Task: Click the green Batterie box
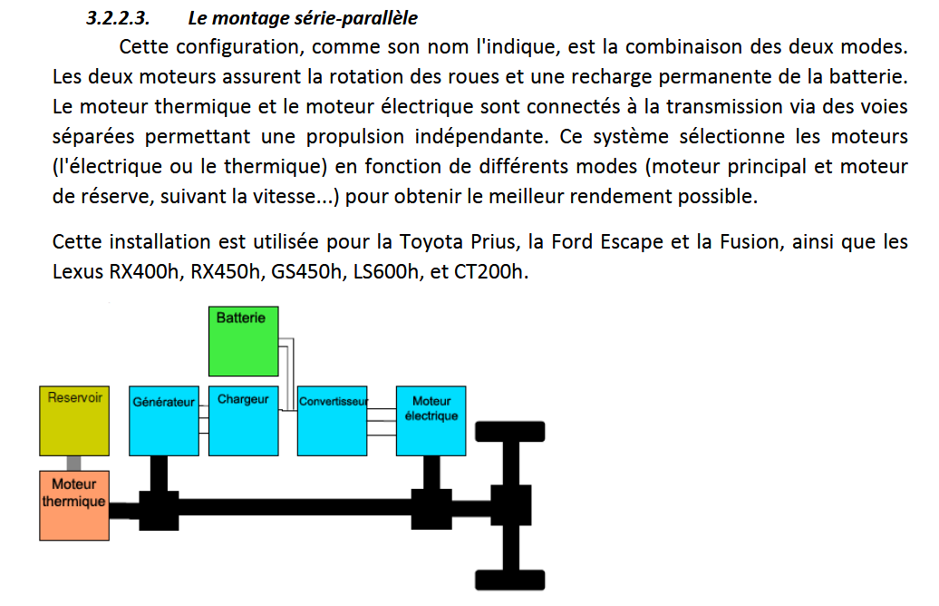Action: click(x=243, y=341)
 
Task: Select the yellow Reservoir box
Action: click(x=74, y=421)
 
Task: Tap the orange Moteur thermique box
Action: click(x=74, y=506)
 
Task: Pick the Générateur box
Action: click(x=164, y=421)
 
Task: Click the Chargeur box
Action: click(x=243, y=421)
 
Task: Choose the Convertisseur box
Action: click(x=333, y=421)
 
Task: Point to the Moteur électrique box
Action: click(x=431, y=421)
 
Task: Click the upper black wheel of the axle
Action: click(x=510, y=432)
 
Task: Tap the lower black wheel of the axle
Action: click(x=510, y=581)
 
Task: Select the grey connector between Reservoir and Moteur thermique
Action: click(x=73, y=464)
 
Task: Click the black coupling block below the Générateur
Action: click(x=159, y=511)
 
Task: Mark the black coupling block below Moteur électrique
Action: click(x=431, y=510)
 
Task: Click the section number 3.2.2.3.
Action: click(x=118, y=18)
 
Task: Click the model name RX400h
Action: click(x=145, y=271)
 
